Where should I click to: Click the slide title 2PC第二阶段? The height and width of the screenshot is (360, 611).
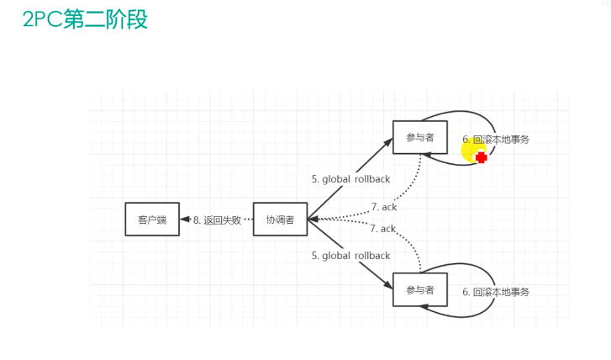coord(86,20)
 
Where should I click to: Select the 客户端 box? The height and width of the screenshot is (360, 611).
coord(152,220)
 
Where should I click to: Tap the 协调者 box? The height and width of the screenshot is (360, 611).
coord(280,220)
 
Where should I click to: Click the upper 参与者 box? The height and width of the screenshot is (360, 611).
coord(419,138)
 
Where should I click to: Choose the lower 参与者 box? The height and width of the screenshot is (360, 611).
coord(419,290)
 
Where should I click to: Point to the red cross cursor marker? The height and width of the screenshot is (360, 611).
coord(482,157)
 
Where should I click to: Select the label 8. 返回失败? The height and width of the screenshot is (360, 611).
coord(217,220)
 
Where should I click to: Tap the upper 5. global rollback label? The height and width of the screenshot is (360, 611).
coord(350,178)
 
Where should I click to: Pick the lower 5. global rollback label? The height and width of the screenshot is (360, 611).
coord(350,256)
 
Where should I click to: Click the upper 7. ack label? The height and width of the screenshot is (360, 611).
coord(382,207)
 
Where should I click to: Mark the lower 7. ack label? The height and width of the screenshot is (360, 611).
coord(382,228)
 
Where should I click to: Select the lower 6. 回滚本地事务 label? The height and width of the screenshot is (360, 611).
coord(496,292)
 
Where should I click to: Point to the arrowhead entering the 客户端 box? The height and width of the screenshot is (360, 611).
coord(184,220)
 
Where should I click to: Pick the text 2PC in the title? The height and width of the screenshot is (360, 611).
coord(39,20)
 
